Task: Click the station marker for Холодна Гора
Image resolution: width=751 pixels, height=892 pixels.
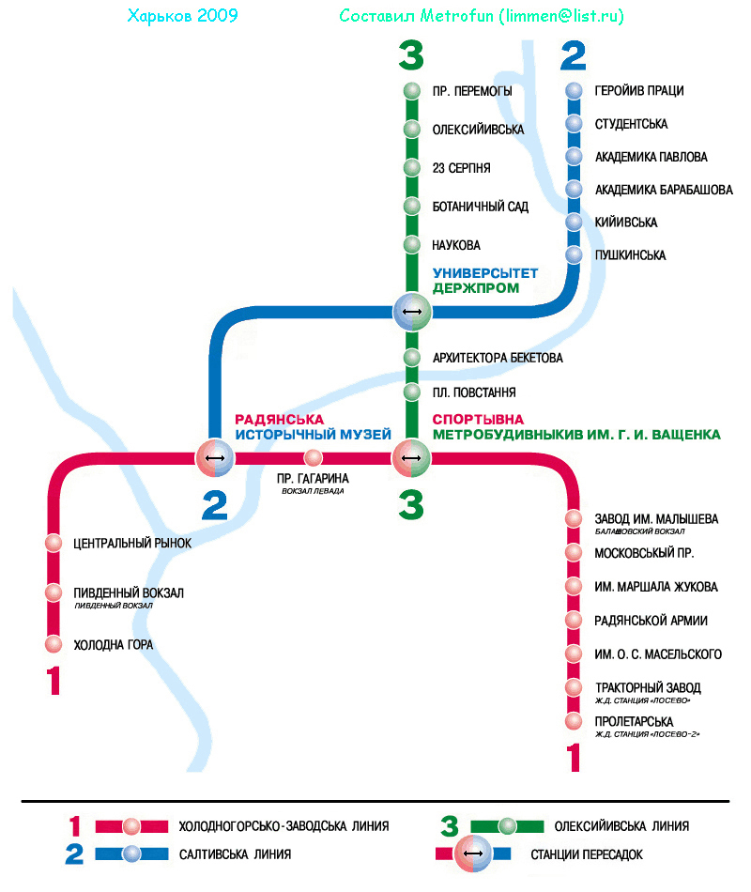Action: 54,644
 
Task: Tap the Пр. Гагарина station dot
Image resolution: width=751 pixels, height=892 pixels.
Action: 314,458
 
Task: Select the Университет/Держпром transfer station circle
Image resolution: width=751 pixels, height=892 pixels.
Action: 411,311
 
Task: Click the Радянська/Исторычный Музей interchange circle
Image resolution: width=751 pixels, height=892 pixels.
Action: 215,458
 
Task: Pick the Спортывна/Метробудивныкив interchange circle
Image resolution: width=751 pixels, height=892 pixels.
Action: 411,458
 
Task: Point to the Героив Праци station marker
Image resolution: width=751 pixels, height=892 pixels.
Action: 575,91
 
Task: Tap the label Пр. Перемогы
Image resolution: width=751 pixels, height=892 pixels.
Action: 472,91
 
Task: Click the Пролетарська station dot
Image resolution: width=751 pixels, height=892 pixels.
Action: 575,721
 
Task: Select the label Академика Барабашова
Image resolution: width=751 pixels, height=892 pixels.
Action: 664,190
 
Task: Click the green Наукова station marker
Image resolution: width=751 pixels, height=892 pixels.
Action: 411,245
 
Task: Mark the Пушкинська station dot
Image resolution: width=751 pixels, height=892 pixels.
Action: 575,255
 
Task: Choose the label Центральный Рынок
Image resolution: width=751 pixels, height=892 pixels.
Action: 132,543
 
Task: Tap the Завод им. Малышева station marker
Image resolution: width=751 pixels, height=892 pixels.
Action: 575,519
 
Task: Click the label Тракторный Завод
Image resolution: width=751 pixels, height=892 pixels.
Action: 648,687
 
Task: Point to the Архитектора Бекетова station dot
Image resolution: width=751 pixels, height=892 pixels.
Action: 411,358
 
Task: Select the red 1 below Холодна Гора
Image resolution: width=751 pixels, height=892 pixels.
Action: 54,680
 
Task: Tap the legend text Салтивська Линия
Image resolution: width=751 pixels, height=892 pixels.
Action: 235,854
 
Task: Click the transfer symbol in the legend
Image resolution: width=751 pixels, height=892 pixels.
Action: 473,854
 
